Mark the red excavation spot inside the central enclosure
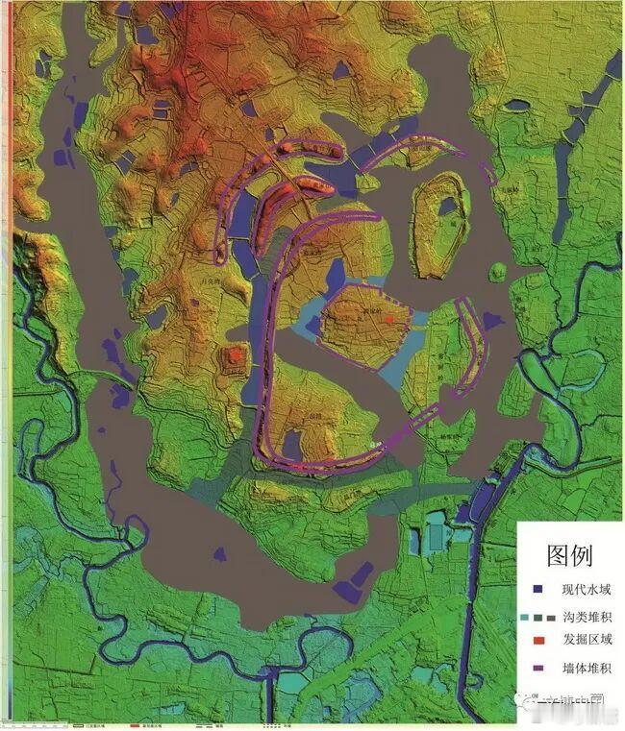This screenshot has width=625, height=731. coord(389,319)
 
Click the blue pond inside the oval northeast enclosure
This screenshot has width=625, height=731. coord(447,205)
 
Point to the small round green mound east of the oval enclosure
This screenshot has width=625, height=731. coord(497,273)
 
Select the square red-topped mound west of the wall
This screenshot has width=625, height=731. coord(235,359)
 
